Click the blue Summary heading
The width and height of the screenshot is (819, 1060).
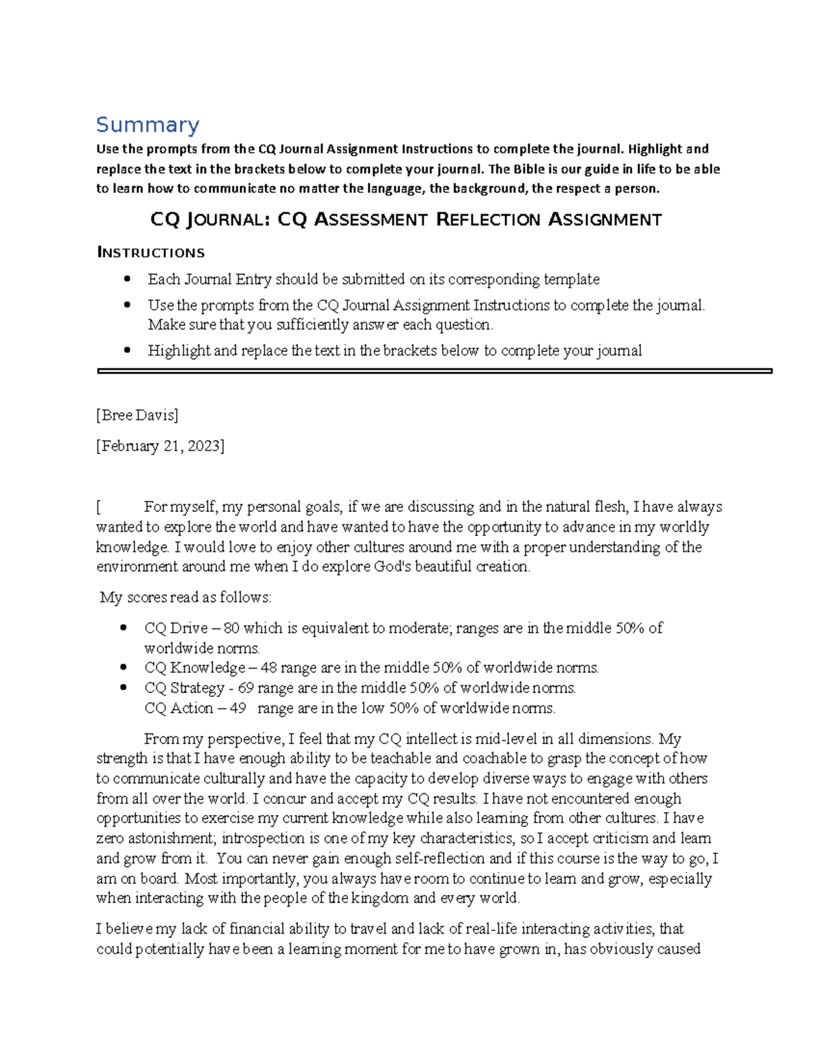pos(147,125)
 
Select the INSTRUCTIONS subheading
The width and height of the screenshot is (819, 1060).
pos(151,253)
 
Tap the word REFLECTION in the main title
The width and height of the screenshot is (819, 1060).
pos(488,220)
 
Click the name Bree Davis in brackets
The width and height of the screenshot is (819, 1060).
pos(138,415)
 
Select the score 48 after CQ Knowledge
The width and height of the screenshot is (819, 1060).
pos(269,668)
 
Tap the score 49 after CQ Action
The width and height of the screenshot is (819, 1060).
pos(238,708)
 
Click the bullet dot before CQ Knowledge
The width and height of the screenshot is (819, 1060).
pos(123,668)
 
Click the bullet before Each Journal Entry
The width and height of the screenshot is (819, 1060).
pos(126,279)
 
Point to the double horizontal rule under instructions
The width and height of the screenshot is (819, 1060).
pos(434,371)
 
